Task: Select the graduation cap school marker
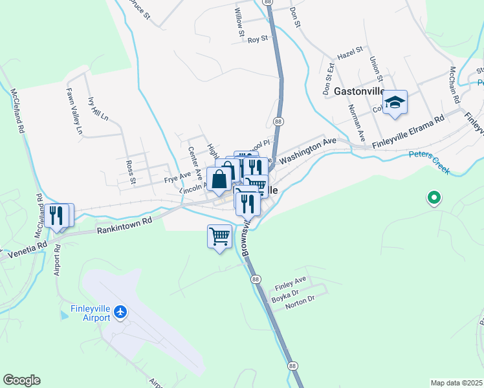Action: point(395,103)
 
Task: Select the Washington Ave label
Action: point(309,147)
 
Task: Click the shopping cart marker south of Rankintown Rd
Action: point(219,237)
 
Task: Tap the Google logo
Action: point(21,380)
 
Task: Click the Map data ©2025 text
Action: point(456,383)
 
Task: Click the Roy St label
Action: point(258,40)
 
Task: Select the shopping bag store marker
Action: point(219,178)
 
